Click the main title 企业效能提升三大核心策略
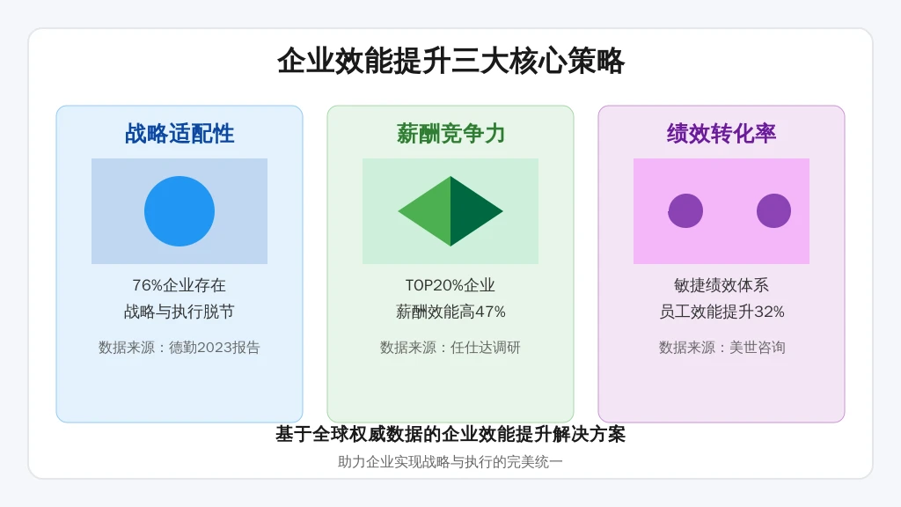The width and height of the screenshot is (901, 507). pyautogui.click(x=450, y=61)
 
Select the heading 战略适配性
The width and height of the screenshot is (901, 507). pyautogui.click(x=179, y=134)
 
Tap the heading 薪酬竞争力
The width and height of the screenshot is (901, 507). pyautogui.click(x=450, y=134)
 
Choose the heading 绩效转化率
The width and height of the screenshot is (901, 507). pyautogui.click(x=722, y=134)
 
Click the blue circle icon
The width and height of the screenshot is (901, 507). pyautogui.click(x=179, y=211)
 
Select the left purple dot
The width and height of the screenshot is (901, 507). pyautogui.click(x=685, y=211)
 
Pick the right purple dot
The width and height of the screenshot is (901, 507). pyautogui.click(x=773, y=211)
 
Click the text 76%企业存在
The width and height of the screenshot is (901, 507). pyautogui.click(x=179, y=285)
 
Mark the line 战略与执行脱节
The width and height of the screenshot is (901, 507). pyautogui.click(x=179, y=312)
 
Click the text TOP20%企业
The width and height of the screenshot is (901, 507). pyautogui.click(x=450, y=285)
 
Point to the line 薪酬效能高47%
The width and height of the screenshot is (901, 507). pyautogui.click(x=450, y=312)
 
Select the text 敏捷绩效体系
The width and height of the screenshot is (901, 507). pyautogui.click(x=722, y=285)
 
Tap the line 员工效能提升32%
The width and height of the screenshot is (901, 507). pyautogui.click(x=722, y=312)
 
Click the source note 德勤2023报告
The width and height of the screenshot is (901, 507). pyautogui.click(x=179, y=347)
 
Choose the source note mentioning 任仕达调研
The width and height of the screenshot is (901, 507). pyautogui.click(x=450, y=347)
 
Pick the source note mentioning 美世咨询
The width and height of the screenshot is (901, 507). pyautogui.click(x=722, y=347)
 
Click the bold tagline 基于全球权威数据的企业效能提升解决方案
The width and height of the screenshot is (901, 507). pyautogui.click(x=450, y=434)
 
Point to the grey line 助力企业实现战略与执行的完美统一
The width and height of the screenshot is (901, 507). pyautogui.click(x=450, y=461)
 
